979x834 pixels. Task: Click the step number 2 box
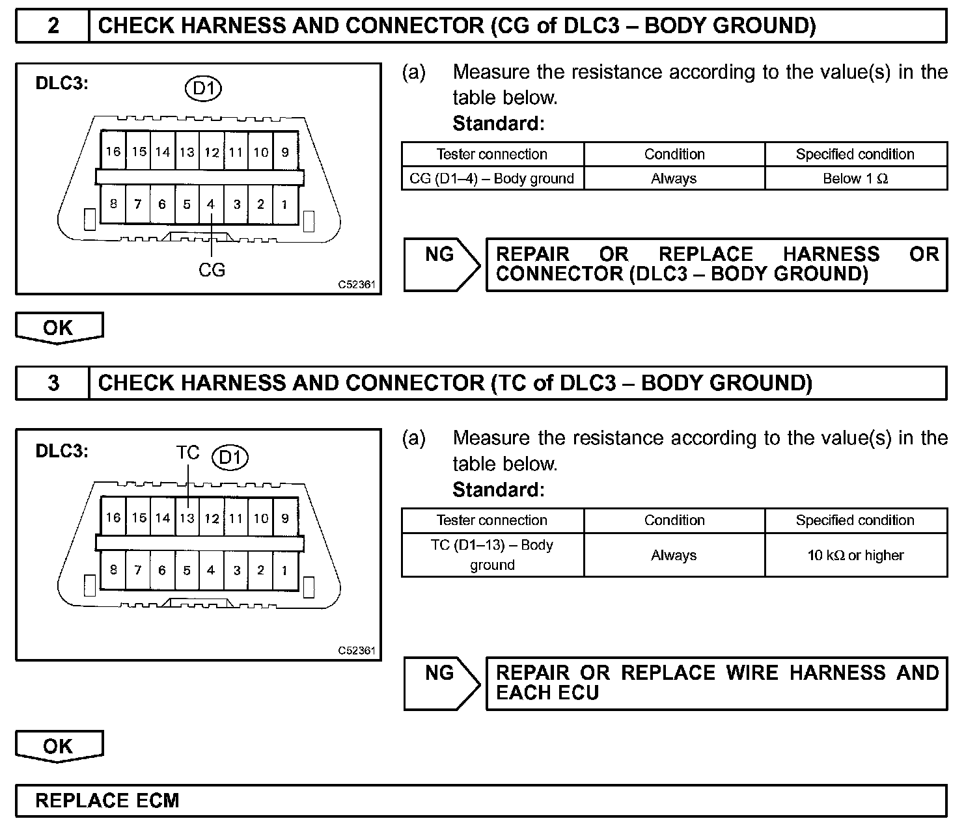[x=53, y=26]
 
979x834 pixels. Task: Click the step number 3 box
[x=53, y=383]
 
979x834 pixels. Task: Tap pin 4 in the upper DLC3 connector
[x=211, y=204]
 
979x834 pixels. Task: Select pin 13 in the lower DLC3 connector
[x=187, y=518]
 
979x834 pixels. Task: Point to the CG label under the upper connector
[x=212, y=269]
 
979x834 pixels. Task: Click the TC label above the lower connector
[x=187, y=452]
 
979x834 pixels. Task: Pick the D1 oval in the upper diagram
[x=204, y=88]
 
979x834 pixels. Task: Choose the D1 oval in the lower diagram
[x=230, y=457]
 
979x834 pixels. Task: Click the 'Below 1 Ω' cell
[x=855, y=178]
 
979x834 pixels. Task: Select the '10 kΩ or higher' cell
[x=855, y=555]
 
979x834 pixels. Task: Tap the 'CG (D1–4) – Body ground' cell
[x=492, y=178]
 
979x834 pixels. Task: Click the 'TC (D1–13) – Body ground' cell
[x=492, y=555]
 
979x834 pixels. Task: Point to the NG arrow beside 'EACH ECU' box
[x=441, y=682]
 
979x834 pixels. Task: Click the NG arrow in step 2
[x=441, y=263]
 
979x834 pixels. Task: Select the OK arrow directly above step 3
[x=59, y=327]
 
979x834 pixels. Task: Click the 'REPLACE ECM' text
[x=107, y=800]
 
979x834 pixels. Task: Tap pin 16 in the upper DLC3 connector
[x=113, y=152]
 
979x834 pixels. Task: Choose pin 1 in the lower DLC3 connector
[x=284, y=571]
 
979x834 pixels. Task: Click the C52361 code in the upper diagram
[x=357, y=284]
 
